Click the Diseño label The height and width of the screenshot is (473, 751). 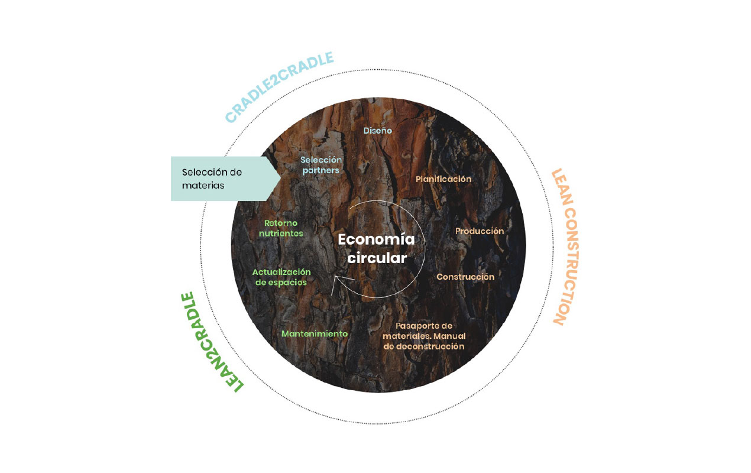click(378, 130)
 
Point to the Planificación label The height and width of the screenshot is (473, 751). click(444, 179)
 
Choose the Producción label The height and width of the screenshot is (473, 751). click(480, 231)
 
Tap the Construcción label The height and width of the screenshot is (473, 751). click(465, 277)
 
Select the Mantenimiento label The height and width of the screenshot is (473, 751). click(315, 333)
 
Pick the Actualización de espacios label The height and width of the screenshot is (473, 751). click(281, 277)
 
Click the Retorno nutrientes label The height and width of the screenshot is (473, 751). click(283, 228)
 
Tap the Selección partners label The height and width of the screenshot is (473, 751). click(321, 165)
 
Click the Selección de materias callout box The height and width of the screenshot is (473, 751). click(222, 179)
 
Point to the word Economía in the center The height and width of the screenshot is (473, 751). click(377, 240)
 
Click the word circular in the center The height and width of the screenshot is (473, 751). click(377, 258)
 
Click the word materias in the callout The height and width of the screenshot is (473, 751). click(203, 185)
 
